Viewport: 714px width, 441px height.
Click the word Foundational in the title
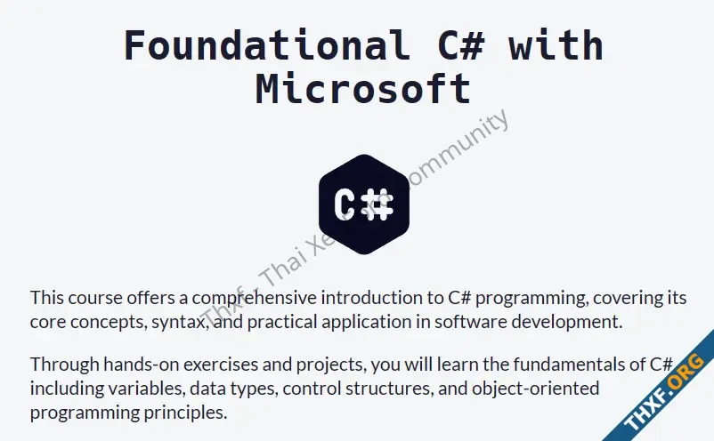coord(267,45)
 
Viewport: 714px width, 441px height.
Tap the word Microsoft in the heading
coord(363,89)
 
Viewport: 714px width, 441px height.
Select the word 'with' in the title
coord(556,45)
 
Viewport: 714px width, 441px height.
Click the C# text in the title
coord(461,45)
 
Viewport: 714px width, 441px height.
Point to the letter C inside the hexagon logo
coord(345,204)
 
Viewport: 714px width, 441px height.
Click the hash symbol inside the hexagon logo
coord(377,204)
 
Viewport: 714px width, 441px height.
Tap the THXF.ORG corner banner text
coord(666,392)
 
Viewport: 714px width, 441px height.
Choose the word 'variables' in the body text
coord(146,389)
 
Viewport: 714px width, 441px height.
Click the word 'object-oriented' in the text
coord(536,389)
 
